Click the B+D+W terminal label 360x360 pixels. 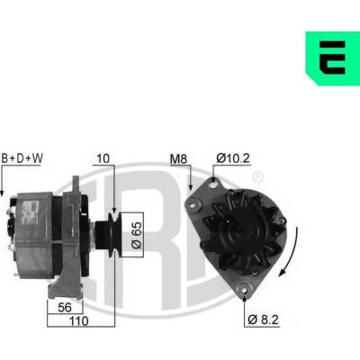[x=22, y=158]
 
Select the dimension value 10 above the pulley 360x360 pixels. [x=103, y=158]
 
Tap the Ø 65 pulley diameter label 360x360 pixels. [x=136, y=235]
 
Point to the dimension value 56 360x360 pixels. [x=65, y=307]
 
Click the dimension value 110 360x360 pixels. [x=79, y=321]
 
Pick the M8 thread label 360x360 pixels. [x=178, y=159]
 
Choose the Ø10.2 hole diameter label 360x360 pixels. [x=233, y=158]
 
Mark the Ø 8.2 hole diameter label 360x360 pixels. [x=264, y=319]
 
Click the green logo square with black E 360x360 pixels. [x=333, y=58]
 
